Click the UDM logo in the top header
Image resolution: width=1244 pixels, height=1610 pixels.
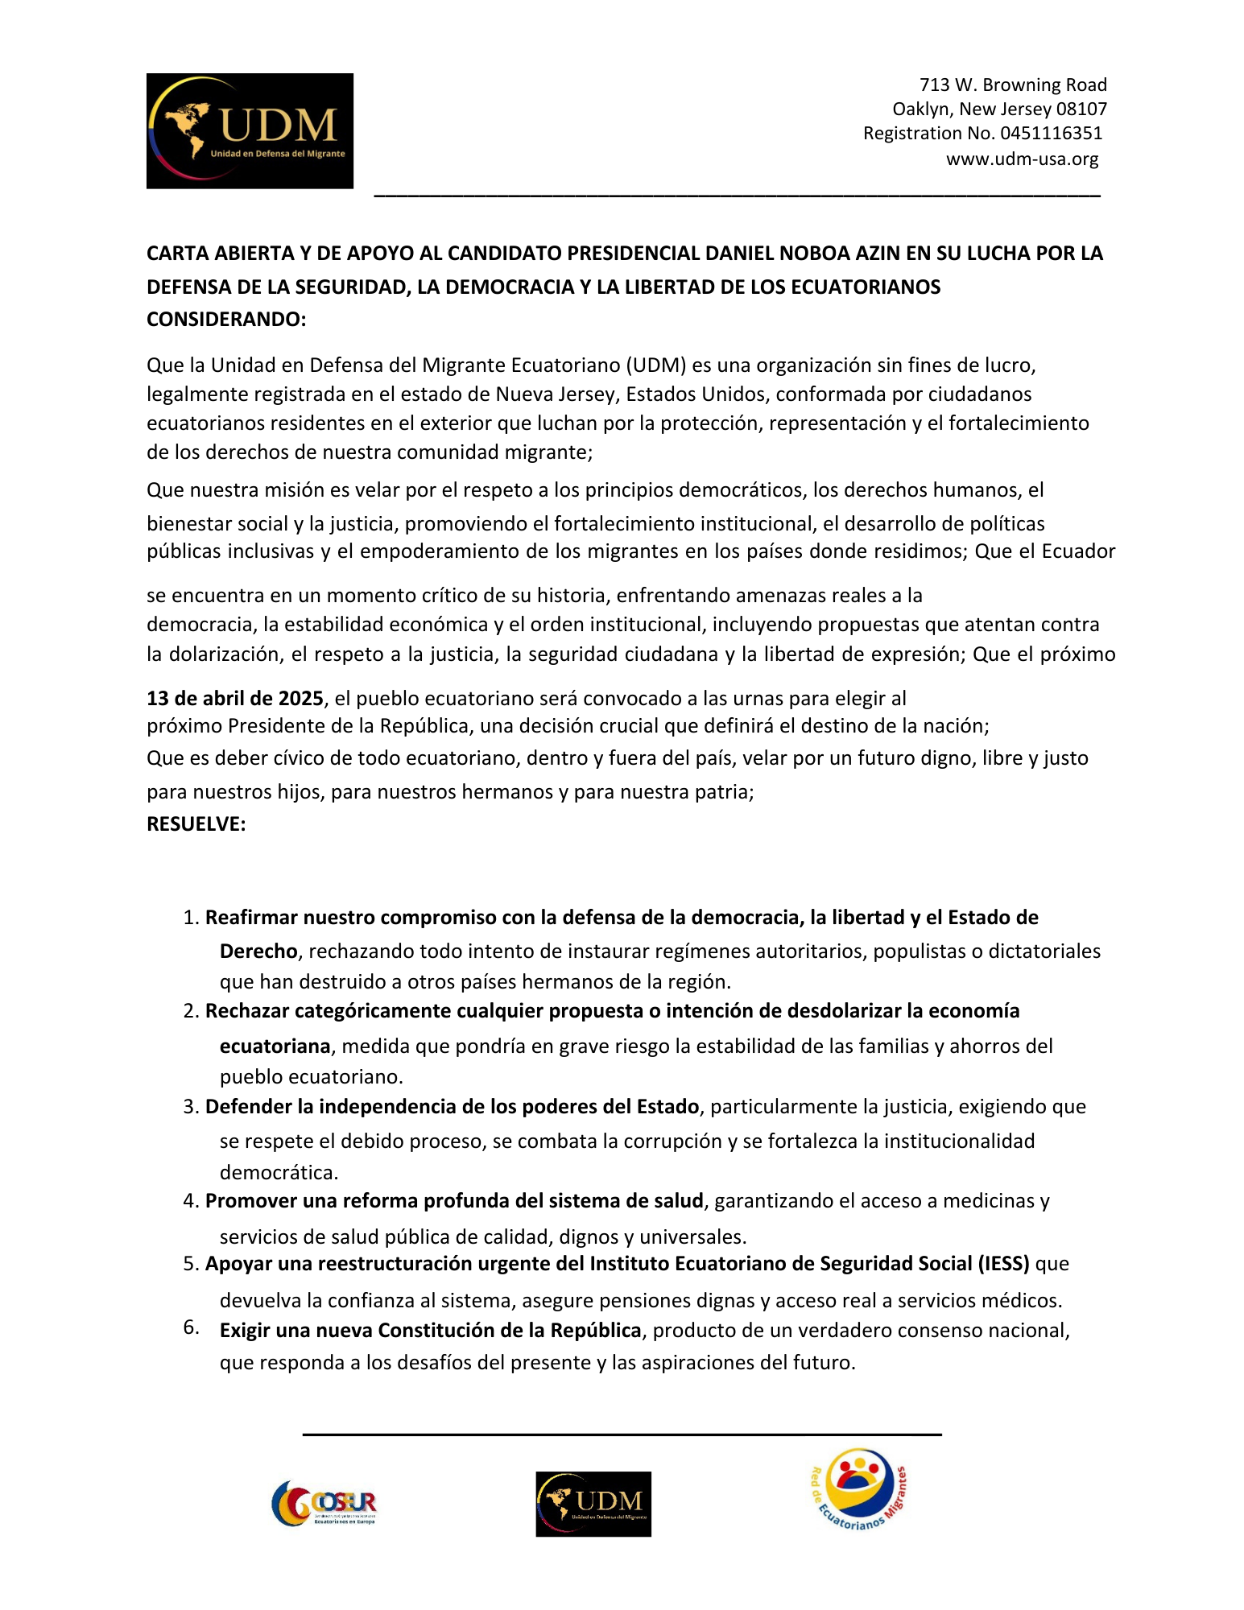250,131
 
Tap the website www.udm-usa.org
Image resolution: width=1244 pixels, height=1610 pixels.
1022,159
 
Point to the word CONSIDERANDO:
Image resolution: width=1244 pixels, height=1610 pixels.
226,320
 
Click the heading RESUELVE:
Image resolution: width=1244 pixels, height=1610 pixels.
196,824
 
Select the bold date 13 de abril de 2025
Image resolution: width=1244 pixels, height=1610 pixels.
234,698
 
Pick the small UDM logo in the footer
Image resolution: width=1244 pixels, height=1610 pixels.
593,1504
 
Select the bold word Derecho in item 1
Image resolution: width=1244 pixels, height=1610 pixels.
258,952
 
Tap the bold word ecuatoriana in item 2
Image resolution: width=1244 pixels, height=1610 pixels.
275,1046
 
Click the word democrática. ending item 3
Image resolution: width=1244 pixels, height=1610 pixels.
279,1172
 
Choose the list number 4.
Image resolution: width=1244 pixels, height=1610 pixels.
190,1201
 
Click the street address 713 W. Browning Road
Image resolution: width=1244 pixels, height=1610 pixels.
1013,85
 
